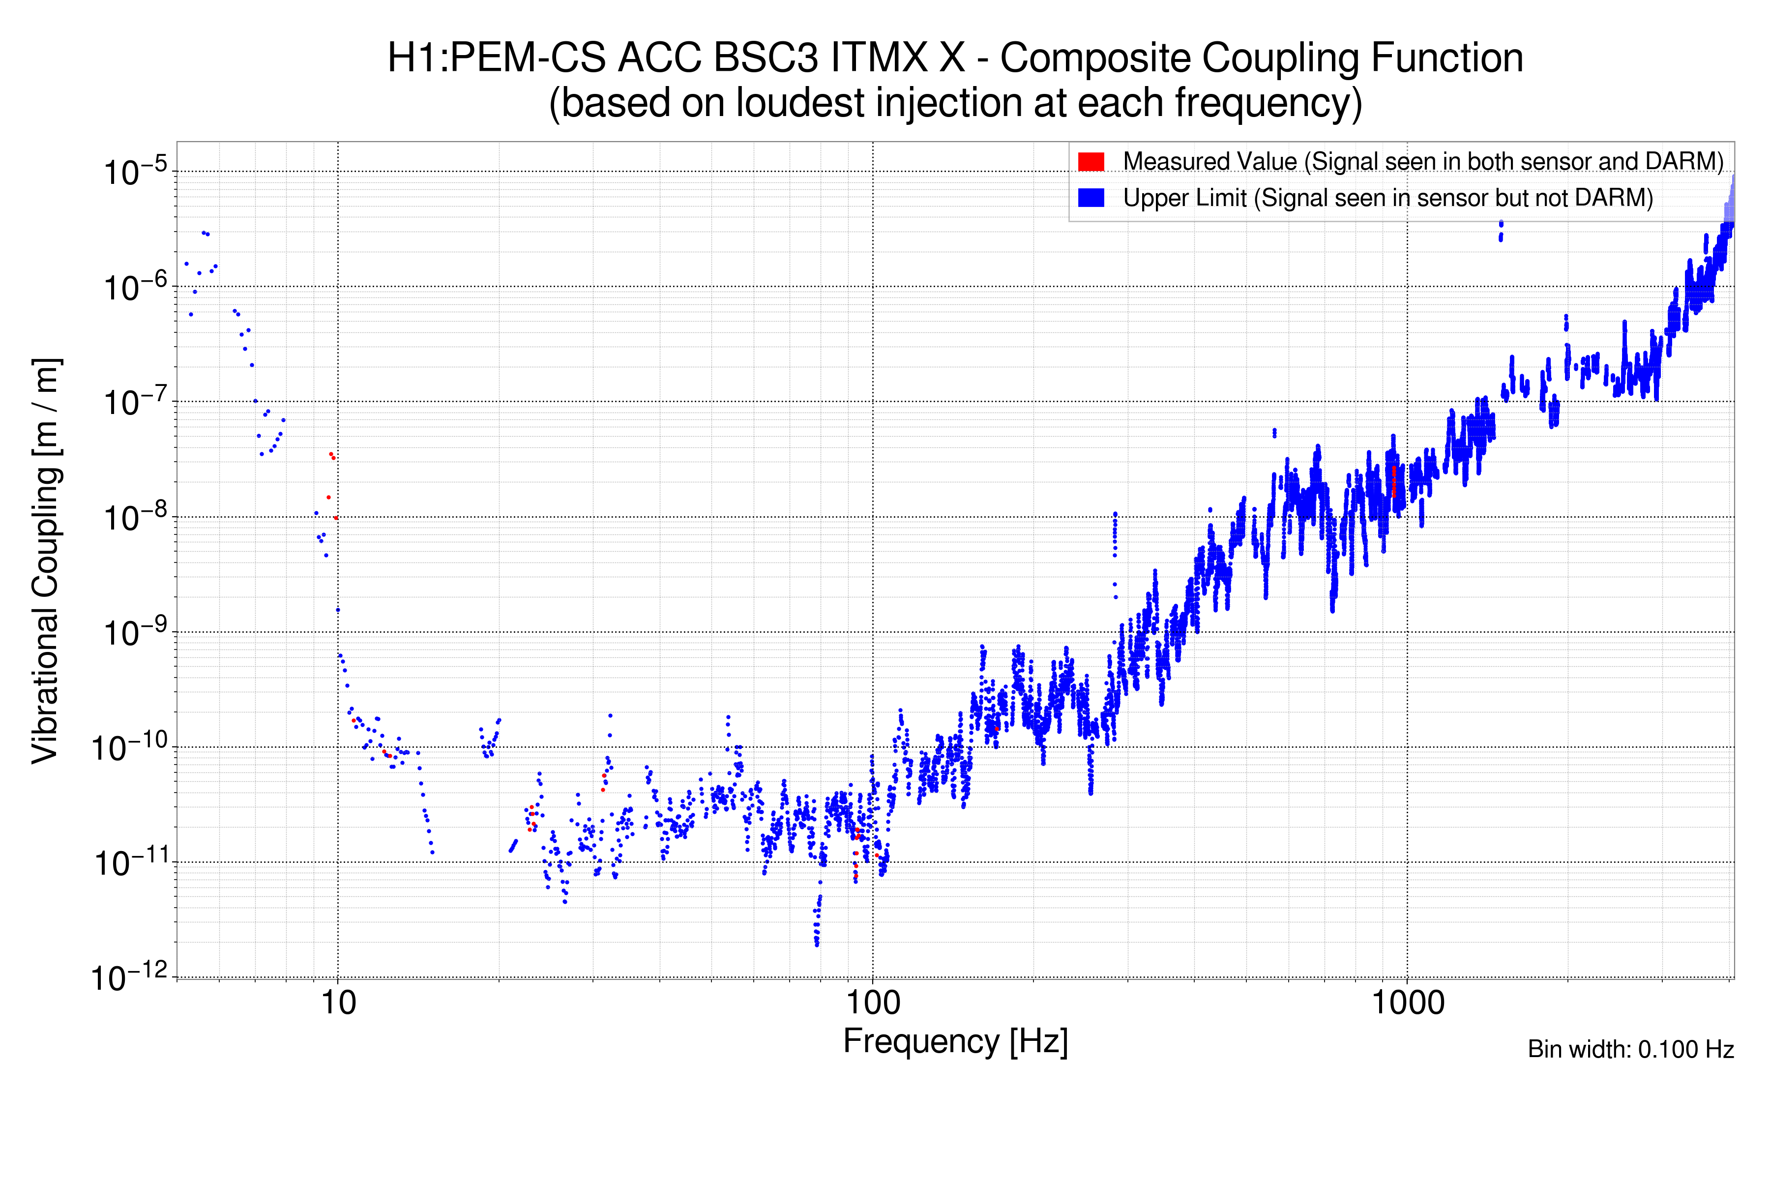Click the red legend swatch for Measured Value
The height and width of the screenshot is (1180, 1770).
pyautogui.click(x=1091, y=162)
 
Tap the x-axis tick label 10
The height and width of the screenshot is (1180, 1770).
pyautogui.click(x=338, y=1003)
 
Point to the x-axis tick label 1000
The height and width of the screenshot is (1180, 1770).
pyautogui.click(x=1407, y=1003)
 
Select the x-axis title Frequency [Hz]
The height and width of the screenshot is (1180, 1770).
pyautogui.click(x=955, y=1041)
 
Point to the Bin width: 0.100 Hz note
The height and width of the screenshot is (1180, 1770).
pyautogui.click(x=1630, y=1049)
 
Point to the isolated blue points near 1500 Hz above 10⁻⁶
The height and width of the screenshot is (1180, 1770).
pyautogui.click(x=1501, y=230)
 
